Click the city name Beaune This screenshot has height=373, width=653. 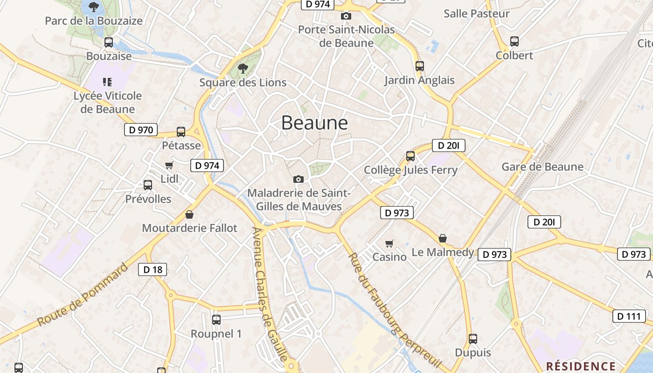(314, 123)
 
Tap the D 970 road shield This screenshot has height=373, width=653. (140, 130)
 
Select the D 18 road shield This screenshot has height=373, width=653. (153, 269)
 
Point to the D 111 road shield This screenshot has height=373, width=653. (629, 316)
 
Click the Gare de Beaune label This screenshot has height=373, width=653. (542, 166)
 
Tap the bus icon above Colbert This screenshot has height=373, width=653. (514, 41)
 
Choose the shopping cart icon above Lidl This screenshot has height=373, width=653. (169, 165)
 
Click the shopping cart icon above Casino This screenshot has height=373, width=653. (389, 243)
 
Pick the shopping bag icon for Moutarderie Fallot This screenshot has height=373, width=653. (189, 214)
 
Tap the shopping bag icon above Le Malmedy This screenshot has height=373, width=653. (443, 239)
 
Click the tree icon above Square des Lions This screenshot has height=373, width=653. (243, 69)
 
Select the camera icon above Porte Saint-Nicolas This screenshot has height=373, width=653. (346, 16)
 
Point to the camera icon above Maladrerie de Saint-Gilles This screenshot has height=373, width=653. (298, 179)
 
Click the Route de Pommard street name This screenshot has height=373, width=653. (82, 295)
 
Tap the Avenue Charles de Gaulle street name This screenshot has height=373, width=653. (269, 294)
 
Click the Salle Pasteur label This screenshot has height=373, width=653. (477, 14)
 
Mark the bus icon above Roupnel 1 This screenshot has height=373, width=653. (216, 320)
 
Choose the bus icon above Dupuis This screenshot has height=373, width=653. (473, 338)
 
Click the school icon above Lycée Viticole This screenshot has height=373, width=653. (108, 82)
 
